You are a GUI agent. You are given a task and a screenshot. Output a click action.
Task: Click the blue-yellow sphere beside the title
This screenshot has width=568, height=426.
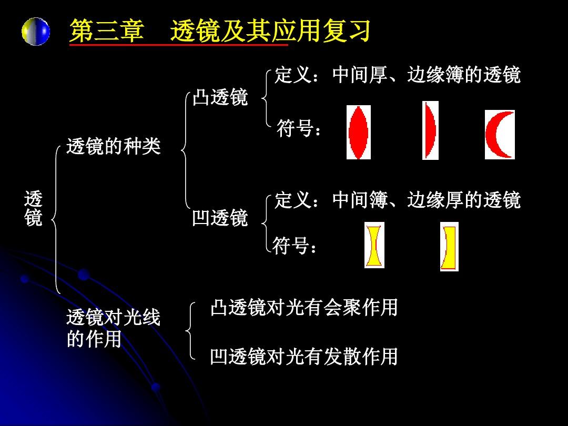click(36, 32)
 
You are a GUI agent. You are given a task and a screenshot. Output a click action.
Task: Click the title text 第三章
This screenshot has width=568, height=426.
click(106, 31)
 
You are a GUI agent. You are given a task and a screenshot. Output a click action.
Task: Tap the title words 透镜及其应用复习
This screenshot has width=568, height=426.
click(270, 31)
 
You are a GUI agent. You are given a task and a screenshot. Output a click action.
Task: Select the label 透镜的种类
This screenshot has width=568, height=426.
click(114, 146)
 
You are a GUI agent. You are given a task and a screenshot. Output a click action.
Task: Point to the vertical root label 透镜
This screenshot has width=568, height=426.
click(33, 208)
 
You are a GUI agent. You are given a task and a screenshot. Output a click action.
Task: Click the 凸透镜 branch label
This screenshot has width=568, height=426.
click(220, 97)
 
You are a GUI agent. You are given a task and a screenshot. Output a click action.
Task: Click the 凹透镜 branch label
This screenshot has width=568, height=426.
click(220, 218)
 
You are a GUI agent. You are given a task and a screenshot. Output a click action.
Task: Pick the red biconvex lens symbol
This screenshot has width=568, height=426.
click(359, 132)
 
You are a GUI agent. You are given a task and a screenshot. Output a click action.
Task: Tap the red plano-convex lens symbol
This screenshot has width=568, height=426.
click(430, 130)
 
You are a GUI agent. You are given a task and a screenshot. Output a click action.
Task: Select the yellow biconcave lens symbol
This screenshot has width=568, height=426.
click(374, 245)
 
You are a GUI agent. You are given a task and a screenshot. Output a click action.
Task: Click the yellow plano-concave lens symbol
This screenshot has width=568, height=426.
click(449, 247)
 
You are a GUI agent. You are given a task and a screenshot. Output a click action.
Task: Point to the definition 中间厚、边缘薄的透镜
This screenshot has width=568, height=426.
click(427, 75)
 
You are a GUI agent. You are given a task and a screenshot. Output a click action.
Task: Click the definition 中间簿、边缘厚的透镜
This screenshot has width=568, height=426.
click(427, 200)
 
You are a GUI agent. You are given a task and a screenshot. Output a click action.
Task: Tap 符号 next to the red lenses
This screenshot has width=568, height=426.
click(299, 128)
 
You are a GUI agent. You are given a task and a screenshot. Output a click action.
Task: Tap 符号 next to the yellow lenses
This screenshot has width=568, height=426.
click(295, 246)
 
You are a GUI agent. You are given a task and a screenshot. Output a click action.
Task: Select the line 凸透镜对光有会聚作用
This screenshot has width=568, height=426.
click(304, 307)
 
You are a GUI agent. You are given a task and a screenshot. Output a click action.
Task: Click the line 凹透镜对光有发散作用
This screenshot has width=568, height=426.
click(304, 356)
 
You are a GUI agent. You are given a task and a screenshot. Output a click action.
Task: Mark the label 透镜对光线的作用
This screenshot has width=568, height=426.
click(114, 328)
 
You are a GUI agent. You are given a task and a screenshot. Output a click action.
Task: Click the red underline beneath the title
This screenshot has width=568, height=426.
click(179, 45)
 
